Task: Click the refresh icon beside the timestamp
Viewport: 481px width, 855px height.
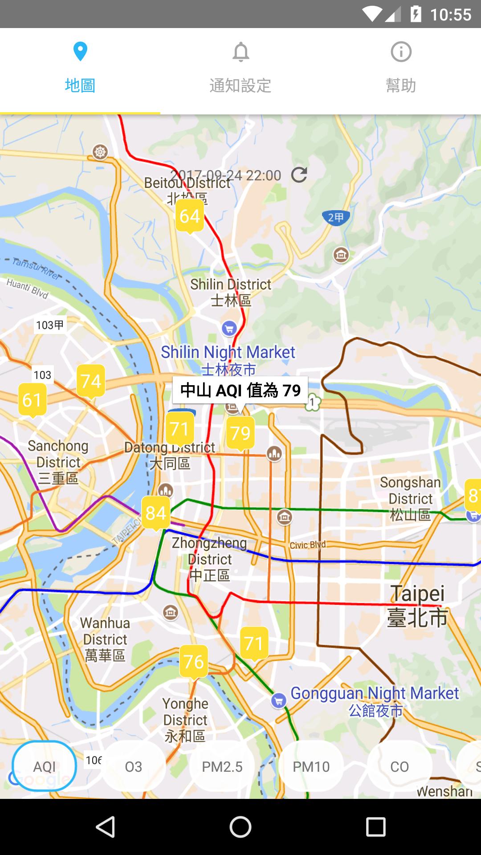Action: pos(299,175)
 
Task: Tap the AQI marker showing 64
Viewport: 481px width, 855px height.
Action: pos(190,216)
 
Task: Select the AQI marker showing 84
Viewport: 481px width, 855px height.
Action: pos(156,513)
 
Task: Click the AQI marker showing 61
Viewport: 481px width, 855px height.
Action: pos(32,400)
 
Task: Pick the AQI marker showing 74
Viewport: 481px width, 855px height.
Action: pos(91,381)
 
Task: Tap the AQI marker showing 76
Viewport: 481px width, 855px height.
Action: pos(194,662)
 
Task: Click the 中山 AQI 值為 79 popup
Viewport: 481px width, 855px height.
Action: pos(240,391)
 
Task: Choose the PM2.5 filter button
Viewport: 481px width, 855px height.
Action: pos(222,766)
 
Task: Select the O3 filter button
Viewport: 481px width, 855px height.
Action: pos(134,766)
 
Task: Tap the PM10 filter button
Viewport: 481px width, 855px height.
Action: pos(311,766)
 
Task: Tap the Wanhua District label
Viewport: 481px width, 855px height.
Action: pos(105,639)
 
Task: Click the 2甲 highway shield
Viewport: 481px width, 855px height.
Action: pos(336,217)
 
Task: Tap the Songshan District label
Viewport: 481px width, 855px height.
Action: pos(410,498)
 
